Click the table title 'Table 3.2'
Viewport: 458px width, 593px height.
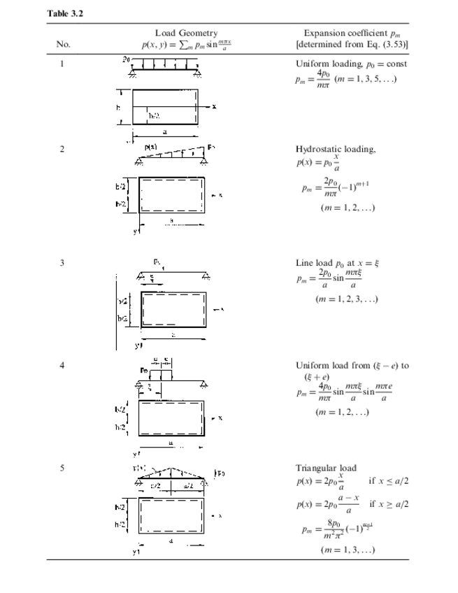(65, 13)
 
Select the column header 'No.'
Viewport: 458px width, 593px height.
(63, 43)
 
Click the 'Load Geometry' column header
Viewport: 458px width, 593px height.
(185, 33)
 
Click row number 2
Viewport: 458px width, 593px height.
(62, 149)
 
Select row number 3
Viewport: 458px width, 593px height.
(62, 263)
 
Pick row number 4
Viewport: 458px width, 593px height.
(62, 365)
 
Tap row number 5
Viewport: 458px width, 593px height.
(62, 468)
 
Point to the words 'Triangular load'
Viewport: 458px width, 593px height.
(326, 468)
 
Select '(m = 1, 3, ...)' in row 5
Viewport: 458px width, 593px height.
(348, 550)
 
